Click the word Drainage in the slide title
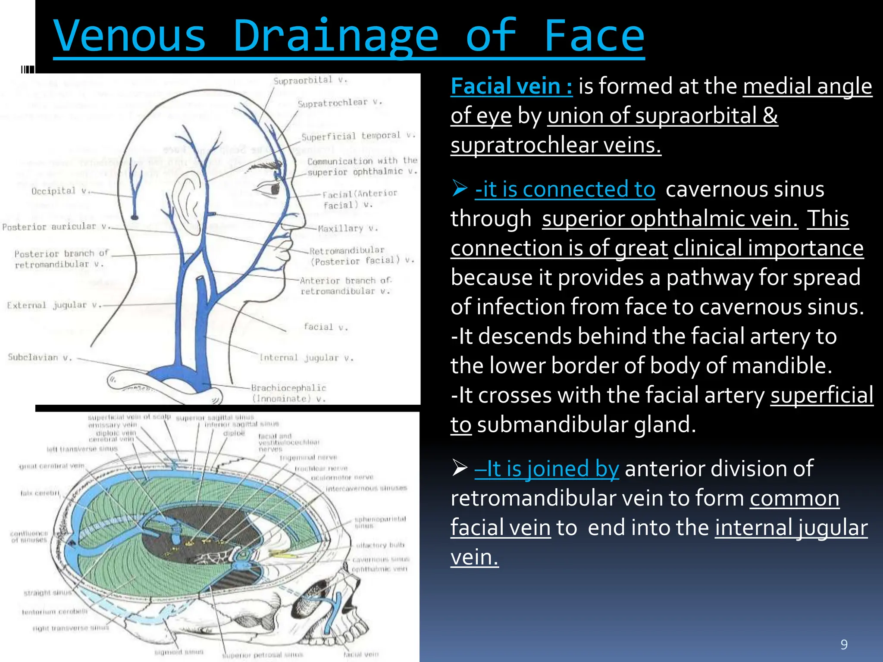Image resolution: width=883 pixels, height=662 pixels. coord(335,36)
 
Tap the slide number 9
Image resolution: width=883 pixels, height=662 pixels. coord(844,644)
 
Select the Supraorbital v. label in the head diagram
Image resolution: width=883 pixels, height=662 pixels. coord(310,80)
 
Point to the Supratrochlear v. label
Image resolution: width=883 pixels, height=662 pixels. coord(339,103)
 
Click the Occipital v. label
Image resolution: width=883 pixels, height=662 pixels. coord(59,191)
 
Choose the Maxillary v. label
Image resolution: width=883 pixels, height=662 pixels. coord(347,228)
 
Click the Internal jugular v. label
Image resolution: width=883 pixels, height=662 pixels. coord(306,358)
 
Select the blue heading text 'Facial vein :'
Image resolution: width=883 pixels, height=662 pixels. coord(511,86)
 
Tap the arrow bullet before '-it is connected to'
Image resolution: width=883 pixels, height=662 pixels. coord(460,189)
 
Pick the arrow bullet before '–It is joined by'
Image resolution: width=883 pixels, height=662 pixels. coord(460,468)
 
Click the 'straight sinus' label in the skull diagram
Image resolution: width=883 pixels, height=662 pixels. coord(47,593)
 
